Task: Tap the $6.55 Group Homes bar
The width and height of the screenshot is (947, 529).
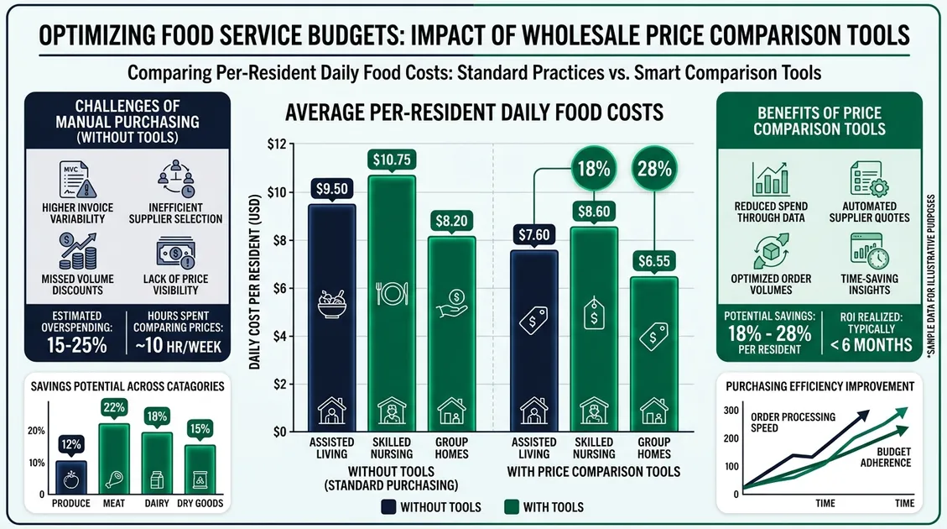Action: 653,353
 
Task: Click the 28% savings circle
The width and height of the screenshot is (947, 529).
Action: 654,168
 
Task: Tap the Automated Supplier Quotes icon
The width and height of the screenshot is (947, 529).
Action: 867,179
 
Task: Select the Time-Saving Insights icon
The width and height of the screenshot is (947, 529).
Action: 866,250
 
